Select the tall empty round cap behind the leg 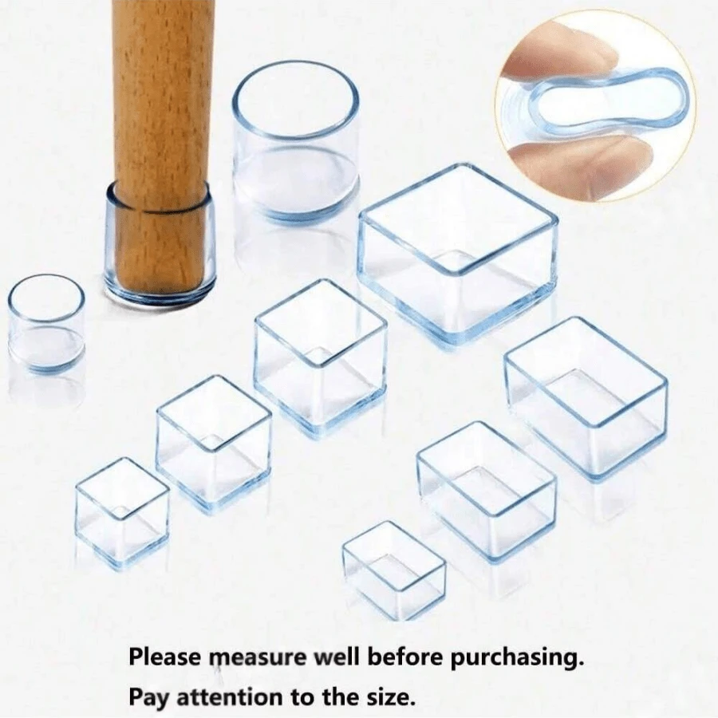point(295,144)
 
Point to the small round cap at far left point(46,323)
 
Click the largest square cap point(457,251)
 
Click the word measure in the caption point(258,658)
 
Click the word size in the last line point(389,696)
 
